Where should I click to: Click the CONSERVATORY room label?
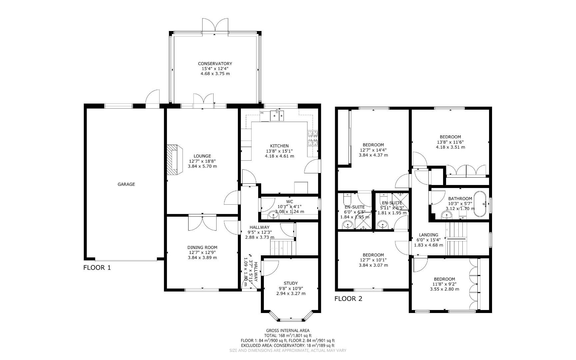point(215,64)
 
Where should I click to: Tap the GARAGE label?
point(126,184)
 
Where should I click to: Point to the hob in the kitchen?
point(312,138)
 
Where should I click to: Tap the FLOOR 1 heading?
point(97,268)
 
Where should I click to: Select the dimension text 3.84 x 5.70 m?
point(202,166)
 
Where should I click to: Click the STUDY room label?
point(291,283)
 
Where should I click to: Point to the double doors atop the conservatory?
point(215,25)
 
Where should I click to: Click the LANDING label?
point(428,235)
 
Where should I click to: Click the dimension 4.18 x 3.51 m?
point(450,147)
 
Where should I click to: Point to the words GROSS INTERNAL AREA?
point(288,331)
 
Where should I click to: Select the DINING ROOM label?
point(202,247)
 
